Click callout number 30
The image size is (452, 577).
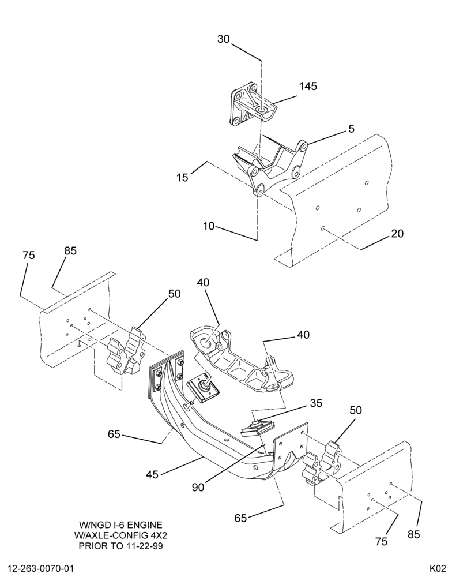point(223,39)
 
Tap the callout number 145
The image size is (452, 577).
point(308,86)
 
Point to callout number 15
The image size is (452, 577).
point(182,177)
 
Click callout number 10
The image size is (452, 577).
point(209,226)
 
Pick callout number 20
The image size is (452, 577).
point(397,233)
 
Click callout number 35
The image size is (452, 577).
point(316,403)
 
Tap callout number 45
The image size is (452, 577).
point(152,475)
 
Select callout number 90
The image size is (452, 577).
point(198,487)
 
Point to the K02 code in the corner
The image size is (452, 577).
point(438,568)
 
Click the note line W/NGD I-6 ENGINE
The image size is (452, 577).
point(120,524)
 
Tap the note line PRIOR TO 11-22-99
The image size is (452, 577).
point(120,545)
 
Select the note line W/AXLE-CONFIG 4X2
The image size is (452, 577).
point(120,535)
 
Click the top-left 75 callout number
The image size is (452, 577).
point(29,255)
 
